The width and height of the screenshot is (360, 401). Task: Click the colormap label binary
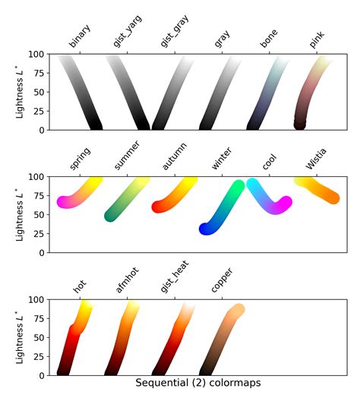point(80,41)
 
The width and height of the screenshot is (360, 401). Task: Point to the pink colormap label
point(317,41)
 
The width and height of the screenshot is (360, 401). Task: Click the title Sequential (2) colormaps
point(197,384)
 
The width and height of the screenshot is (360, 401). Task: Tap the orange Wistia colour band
point(319,189)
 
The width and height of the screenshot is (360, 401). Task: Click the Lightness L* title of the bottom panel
point(20,336)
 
